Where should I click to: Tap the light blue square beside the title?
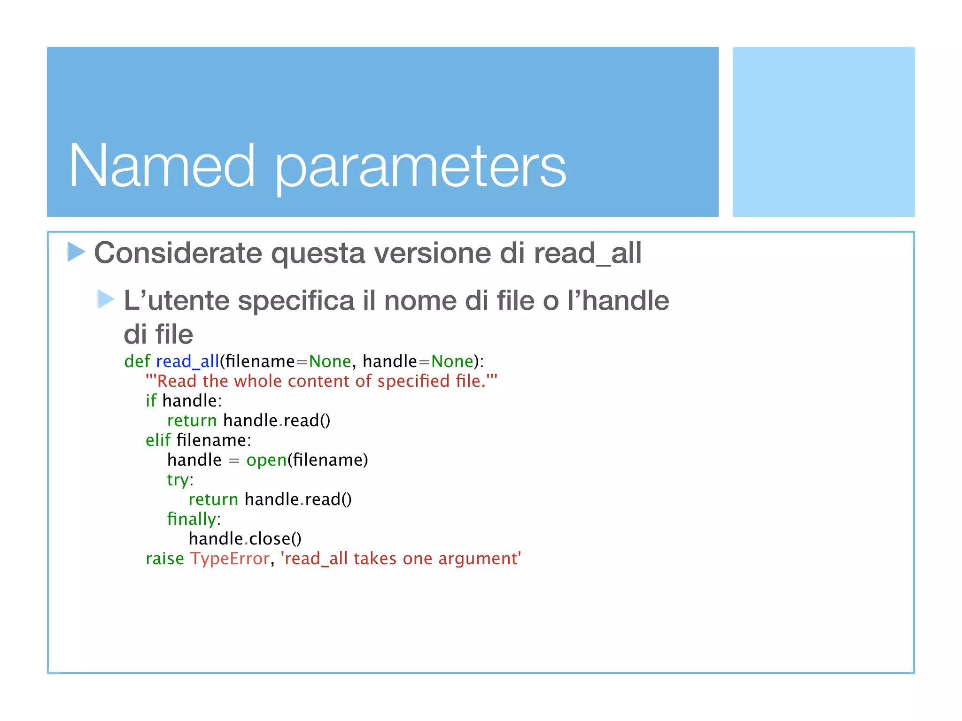pos(823,131)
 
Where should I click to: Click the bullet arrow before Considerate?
pos(76,252)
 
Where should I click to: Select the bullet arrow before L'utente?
pos(105,299)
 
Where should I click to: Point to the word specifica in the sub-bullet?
pos(296,300)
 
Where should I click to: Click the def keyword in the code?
pos(137,361)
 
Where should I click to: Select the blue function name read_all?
pos(187,361)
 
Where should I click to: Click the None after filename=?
pos(330,361)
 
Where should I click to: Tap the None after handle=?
pos(452,361)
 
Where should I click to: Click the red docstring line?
pos(321,381)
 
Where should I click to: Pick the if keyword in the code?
pos(151,401)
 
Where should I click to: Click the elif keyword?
pos(158,440)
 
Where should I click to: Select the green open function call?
pos(266,460)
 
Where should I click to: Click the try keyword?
pos(178,480)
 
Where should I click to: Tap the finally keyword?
pos(192,519)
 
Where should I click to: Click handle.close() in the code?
pos(245,539)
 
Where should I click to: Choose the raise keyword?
pos(165,559)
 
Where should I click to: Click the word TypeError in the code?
pos(230,559)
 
